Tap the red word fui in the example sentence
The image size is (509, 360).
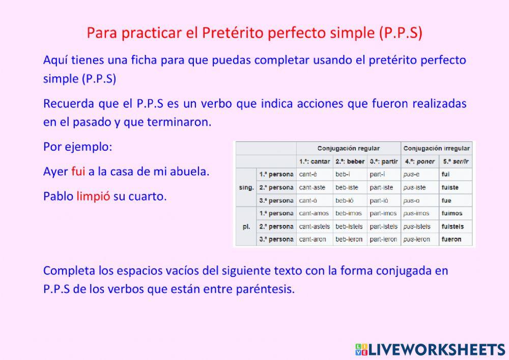[78, 172]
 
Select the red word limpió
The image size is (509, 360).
[93, 197]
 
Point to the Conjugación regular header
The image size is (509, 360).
[348, 148]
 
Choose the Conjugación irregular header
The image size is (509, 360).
[437, 148]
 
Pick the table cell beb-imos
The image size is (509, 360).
[348, 213]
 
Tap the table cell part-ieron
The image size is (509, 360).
[383, 239]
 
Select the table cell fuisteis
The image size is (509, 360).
[453, 227]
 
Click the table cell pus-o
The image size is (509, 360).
[412, 200]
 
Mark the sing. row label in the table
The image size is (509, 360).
[246, 187]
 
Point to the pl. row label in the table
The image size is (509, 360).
[246, 227]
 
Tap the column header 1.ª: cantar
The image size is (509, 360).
[314, 161]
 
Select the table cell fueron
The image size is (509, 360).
[451, 239]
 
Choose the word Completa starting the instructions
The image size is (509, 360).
[67, 270]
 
